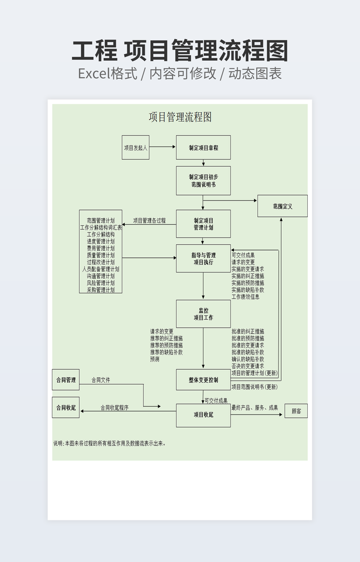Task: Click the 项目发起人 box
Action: point(135,147)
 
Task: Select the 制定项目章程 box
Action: point(203,147)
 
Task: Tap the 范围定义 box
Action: point(282,206)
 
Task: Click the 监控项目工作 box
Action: point(203,314)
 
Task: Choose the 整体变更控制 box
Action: point(203,380)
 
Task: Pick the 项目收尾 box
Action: point(203,415)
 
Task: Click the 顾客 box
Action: point(296,411)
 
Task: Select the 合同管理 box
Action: point(66,380)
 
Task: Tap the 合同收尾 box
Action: point(66,408)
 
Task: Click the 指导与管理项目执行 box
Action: point(203,259)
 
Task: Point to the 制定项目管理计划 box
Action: point(203,224)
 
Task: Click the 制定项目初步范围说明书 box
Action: point(203,180)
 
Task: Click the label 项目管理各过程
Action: point(149,220)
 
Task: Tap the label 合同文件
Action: point(101,380)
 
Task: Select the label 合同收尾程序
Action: point(114,408)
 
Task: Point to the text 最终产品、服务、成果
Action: point(255,408)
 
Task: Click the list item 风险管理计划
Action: point(101,283)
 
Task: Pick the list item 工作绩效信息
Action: point(246,297)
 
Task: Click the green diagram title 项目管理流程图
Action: point(180,117)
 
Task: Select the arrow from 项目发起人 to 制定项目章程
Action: point(162,147)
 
